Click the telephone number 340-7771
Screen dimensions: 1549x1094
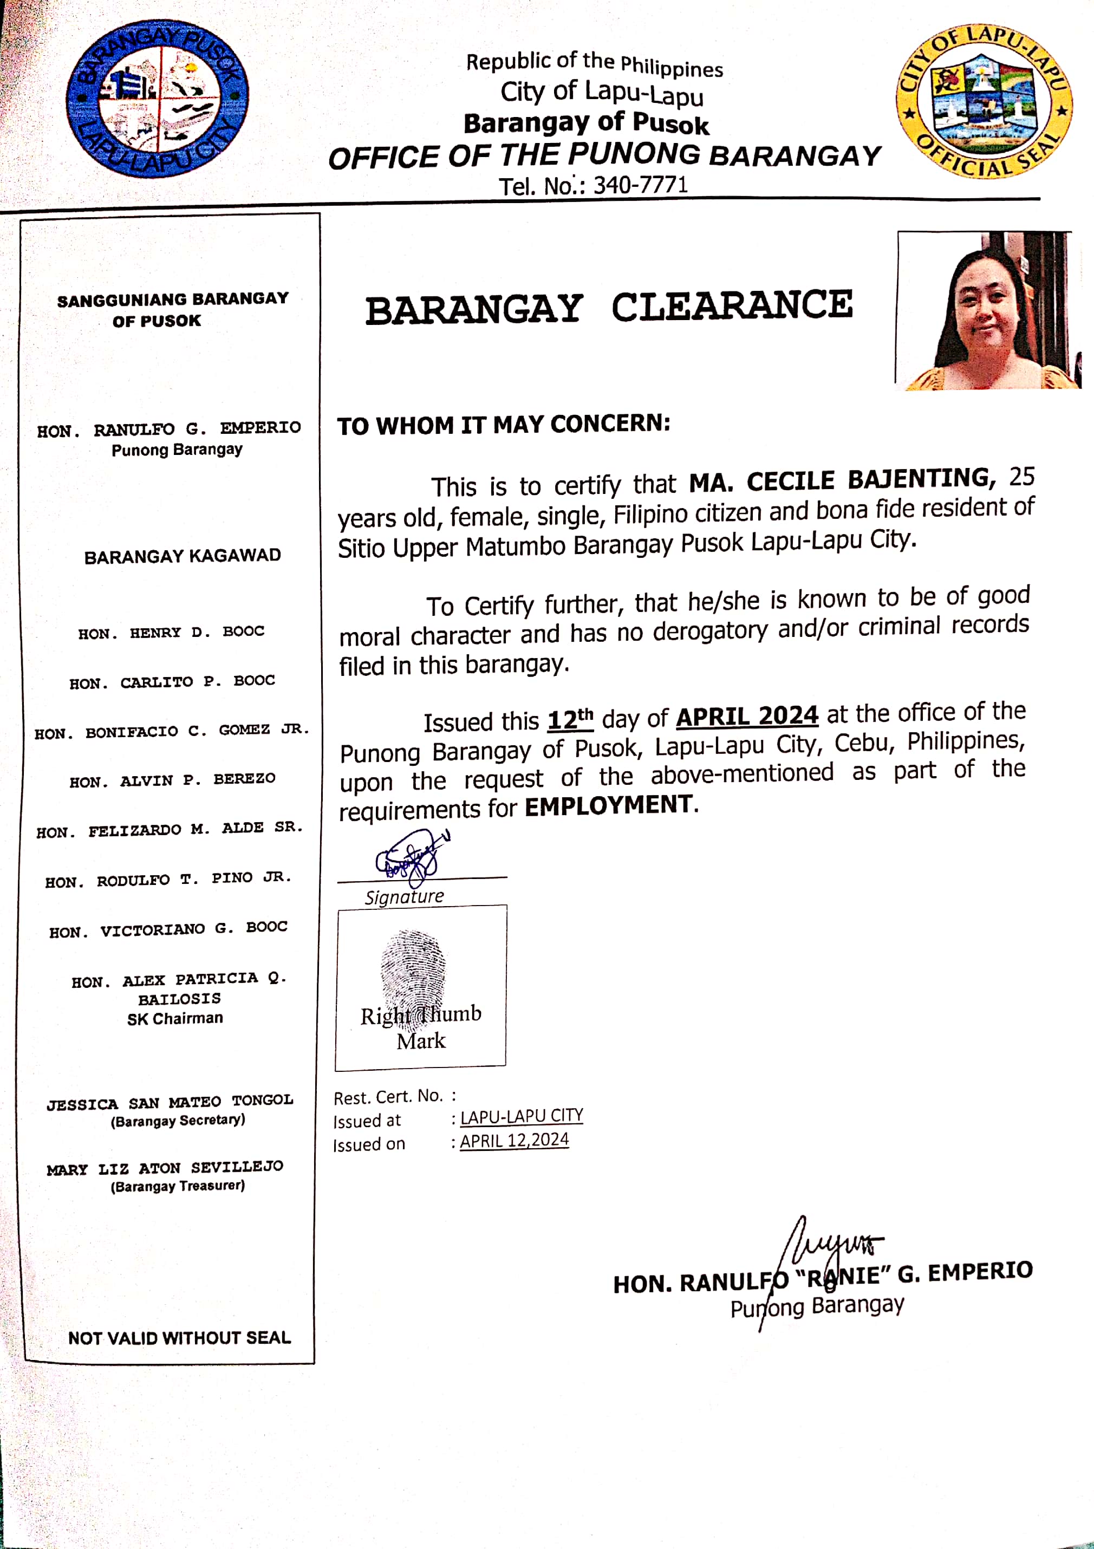pyautogui.click(x=640, y=185)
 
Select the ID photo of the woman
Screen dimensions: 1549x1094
pyautogui.click(x=987, y=311)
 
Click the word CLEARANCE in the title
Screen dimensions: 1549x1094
pyautogui.click(x=732, y=307)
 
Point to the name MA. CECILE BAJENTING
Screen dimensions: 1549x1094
pyautogui.click(x=842, y=480)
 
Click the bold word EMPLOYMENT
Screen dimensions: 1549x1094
pyautogui.click(x=608, y=805)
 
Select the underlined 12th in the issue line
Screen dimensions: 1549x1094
pyautogui.click(x=570, y=719)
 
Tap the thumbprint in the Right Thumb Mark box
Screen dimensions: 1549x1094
pyautogui.click(x=413, y=972)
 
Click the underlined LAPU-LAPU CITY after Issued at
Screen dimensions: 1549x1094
pyautogui.click(x=522, y=1117)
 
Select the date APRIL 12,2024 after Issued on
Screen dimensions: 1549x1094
pyautogui.click(x=514, y=1141)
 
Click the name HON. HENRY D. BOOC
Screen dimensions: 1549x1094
pyautogui.click(x=171, y=632)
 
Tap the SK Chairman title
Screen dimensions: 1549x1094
pyautogui.click(x=175, y=1018)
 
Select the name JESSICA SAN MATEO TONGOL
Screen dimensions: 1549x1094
pyautogui.click(x=170, y=1102)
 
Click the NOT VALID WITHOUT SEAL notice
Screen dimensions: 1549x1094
pyautogui.click(x=179, y=1337)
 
